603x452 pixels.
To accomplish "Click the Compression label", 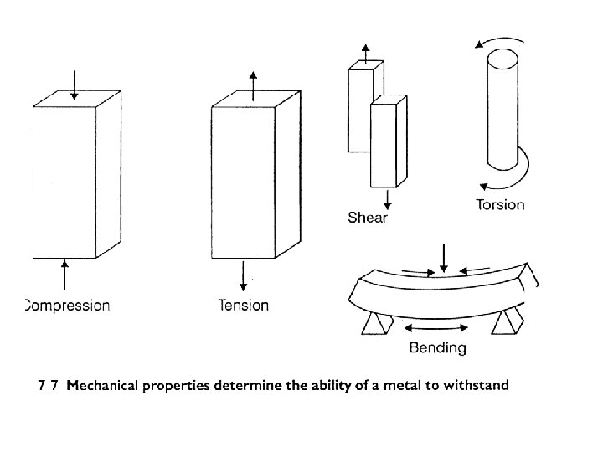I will click(x=66, y=306).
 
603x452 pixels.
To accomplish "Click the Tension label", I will click(x=243, y=306).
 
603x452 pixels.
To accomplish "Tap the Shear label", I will click(x=368, y=218).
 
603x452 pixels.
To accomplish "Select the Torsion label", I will click(x=500, y=205).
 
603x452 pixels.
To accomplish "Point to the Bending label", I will click(x=437, y=347).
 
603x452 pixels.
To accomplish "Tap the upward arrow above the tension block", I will click(x=254, y=86).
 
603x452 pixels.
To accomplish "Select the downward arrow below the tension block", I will click(x=243, y=275).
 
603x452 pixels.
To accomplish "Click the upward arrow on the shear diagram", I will click(x=365, y=53).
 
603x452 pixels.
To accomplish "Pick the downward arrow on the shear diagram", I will click(x=387, y=199).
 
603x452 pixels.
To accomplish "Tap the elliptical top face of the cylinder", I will click(x=502, y=60).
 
